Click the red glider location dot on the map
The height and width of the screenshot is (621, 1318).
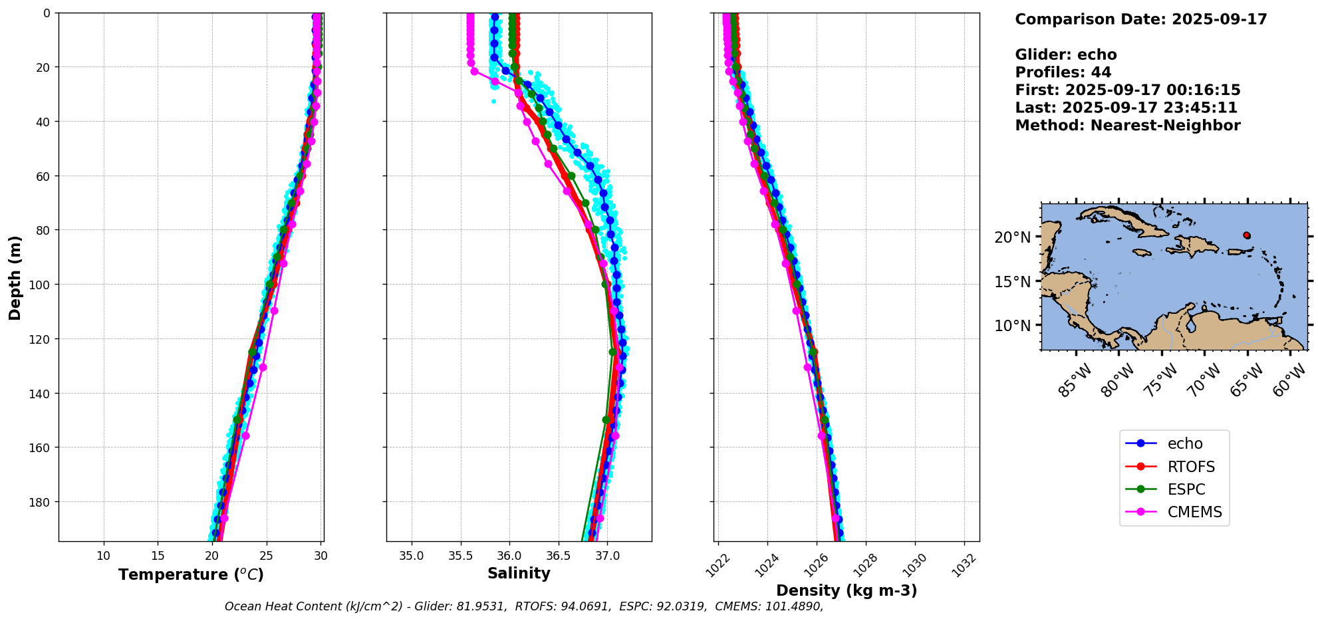tap(1246, 235)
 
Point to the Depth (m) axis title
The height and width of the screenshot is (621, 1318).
tap(15, 277)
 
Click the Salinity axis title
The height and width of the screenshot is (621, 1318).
tap(519, 573)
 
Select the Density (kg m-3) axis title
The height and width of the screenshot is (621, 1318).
tap(846, 590)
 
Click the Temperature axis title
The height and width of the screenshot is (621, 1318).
tap(191, 574)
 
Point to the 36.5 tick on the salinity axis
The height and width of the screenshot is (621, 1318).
tap(558, 556)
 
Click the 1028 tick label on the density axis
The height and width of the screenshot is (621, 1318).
tap(865, 564)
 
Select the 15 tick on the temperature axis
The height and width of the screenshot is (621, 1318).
tap(158, 556)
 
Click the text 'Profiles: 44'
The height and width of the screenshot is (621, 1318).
tap(1063, 72)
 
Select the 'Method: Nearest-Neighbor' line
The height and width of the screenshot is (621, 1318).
tap(1127, 126)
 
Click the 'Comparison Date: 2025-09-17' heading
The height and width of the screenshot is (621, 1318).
tap(1140, 19)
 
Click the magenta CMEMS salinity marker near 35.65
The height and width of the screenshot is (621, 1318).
tap(474, 71)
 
